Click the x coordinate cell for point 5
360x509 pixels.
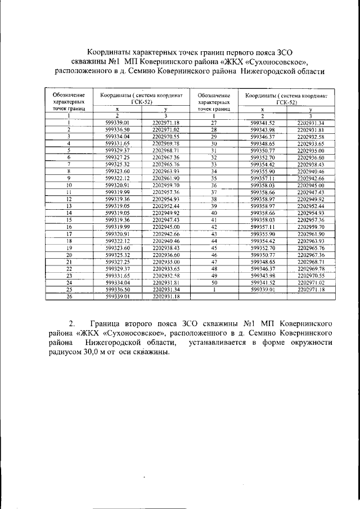tap(118, 151)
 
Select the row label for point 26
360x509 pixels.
tap(68, 296)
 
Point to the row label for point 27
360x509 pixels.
tap(214, 123)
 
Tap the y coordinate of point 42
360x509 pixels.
tap(309, 227)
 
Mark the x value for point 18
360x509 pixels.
tap(118, 241)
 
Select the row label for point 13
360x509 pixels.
tap(69, 206)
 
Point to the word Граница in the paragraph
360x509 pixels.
tap(115, 325)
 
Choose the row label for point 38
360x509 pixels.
tap(214, 199)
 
